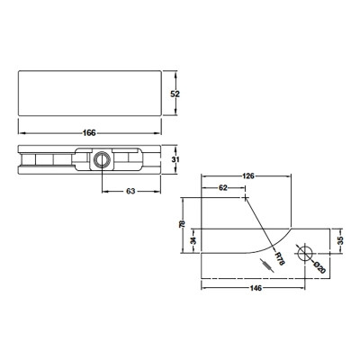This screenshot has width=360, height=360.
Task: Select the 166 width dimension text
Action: click(x=89, y=133)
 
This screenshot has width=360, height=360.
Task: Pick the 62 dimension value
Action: click(x=222, y=187)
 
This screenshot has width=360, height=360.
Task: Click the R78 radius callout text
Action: click(x=279, y=260)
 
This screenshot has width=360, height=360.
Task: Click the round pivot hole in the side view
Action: click(x=101, y=159)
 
